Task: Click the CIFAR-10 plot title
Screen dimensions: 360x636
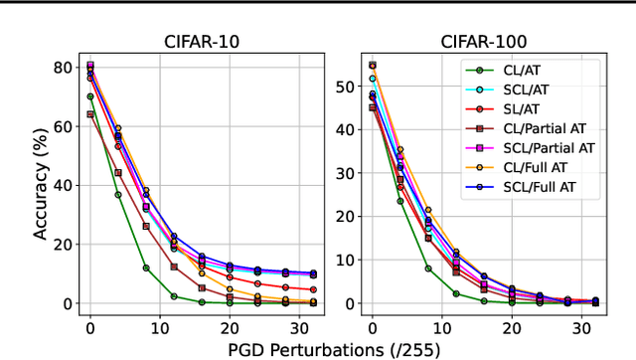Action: point(203,41)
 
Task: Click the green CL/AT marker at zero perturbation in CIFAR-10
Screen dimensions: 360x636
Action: point(90,96)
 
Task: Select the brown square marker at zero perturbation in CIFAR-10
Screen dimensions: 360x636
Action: point(90,114)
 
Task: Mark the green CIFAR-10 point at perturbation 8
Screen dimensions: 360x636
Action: point(145,268)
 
